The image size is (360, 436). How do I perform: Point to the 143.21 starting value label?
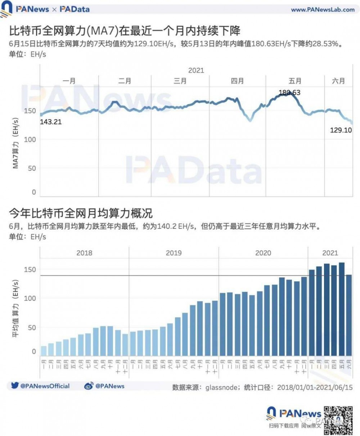pos(51,122)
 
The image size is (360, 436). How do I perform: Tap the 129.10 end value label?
pos(341,130)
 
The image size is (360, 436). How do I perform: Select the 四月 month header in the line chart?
pos(237,81)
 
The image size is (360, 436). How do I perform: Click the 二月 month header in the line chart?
pos(125,81)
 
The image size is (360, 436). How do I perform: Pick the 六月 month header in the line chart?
pos(338,81)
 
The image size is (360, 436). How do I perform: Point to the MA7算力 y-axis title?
pos(16,143)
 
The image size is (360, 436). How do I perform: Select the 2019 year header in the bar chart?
pos(174,253)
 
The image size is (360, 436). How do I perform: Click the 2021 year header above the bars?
pos(330,253)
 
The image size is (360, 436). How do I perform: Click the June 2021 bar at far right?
pos(349,315)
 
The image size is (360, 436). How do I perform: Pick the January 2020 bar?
pos(222,324)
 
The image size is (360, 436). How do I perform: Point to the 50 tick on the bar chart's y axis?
pos(32,328)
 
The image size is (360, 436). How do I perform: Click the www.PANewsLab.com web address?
pos(323,10)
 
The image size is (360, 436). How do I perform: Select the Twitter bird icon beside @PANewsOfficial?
pos(15,386)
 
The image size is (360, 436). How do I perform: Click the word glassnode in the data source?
pos(221,387)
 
